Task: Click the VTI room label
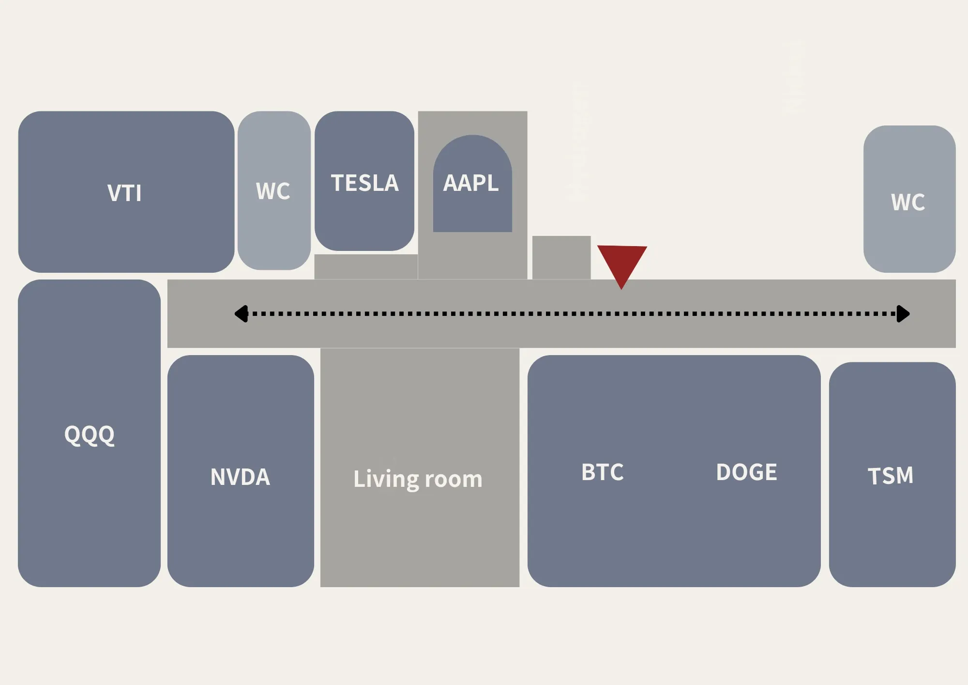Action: (124, 193)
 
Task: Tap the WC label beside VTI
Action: (273, 191)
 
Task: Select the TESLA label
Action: (364, 183)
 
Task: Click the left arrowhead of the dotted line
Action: (241, 313)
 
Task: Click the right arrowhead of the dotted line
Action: (903, 313)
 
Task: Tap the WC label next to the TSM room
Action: (908, 202)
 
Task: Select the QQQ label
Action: (90, 435)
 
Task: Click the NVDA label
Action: (240, 477)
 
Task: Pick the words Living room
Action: (418, 479)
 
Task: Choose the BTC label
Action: (603, 472)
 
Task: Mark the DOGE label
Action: (746, 472)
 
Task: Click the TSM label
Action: (891, 476)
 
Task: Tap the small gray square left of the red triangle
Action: (561, 257)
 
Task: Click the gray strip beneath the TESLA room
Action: (366, 266)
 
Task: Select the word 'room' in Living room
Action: (454, 480)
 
